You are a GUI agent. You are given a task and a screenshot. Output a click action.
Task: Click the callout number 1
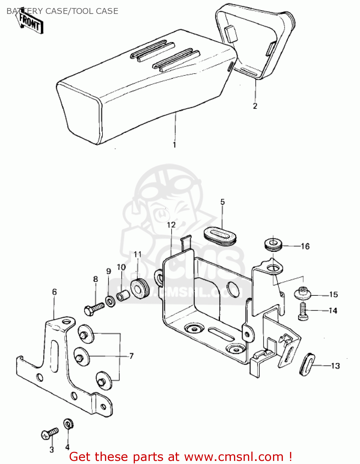pyautogui.click(x=174, y=144)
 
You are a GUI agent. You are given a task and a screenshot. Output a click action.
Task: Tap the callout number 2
pyautogui.click(x=255, y=106)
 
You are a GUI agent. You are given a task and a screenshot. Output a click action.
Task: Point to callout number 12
pyautogui.click(x=171, y=225)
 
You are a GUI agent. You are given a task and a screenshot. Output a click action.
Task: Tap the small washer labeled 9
pyautogui.click(x=110, y=301)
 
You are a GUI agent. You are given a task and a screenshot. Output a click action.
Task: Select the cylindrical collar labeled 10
pyautogui.click(x=122, y=296)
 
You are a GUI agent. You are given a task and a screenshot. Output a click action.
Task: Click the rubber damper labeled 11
pyautogui.click(x=140, y=288)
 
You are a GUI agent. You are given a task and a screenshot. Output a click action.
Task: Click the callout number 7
pyautogui.click(x=131, y=356)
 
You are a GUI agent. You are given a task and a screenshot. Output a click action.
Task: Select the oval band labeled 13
pyautogui.click(x=307, y=365)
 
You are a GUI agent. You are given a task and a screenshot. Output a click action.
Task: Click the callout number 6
pyautogui.click(x=54, y=292)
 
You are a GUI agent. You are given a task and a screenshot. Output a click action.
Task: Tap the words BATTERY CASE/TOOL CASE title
pyautogui.click(x=62, y=11)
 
